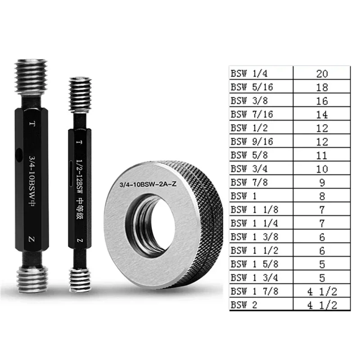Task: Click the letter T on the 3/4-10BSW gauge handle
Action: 31,122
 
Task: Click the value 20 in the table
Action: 322,73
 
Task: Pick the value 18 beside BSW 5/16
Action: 322,87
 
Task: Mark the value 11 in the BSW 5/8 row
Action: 322,155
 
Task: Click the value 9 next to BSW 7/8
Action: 322,183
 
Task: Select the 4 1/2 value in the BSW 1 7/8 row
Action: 322,291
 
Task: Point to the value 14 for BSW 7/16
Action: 322,114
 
